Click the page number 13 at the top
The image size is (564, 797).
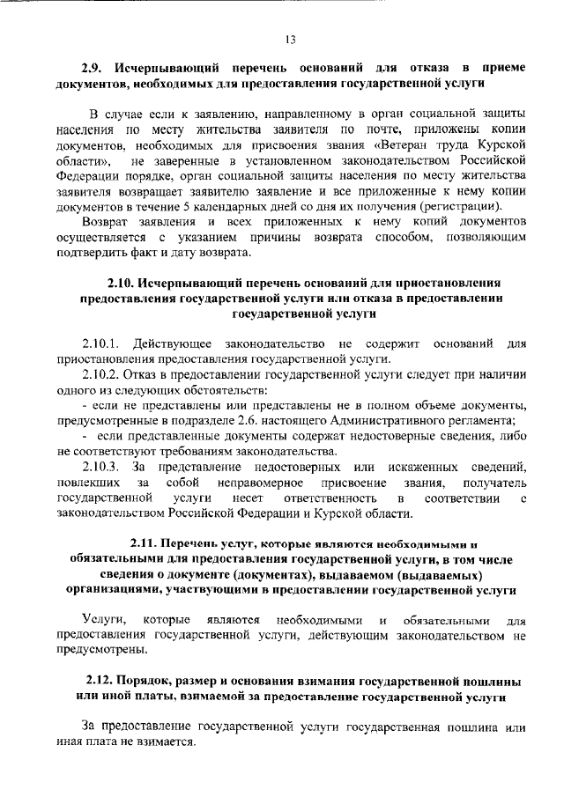(289, 38)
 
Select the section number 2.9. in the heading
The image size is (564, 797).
(95, 68)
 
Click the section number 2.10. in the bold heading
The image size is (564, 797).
(125, 283)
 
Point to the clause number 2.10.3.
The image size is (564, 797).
(102, 467)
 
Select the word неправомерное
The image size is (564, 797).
(256, 483)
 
